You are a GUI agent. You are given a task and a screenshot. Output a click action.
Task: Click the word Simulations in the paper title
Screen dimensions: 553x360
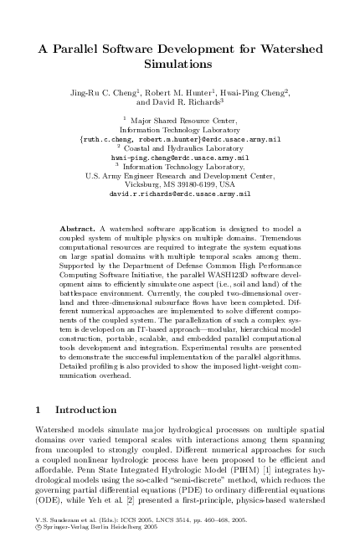pos(180,63)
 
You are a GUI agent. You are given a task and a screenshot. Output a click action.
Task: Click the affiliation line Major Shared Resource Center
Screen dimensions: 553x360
pos(183,122)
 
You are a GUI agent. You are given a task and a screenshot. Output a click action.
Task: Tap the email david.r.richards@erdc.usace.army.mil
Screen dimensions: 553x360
pos(180,193)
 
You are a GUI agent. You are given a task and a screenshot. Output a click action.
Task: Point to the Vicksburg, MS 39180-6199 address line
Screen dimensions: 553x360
pos(180,184)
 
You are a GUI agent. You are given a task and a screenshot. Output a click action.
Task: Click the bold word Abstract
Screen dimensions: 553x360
pos(80,227)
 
